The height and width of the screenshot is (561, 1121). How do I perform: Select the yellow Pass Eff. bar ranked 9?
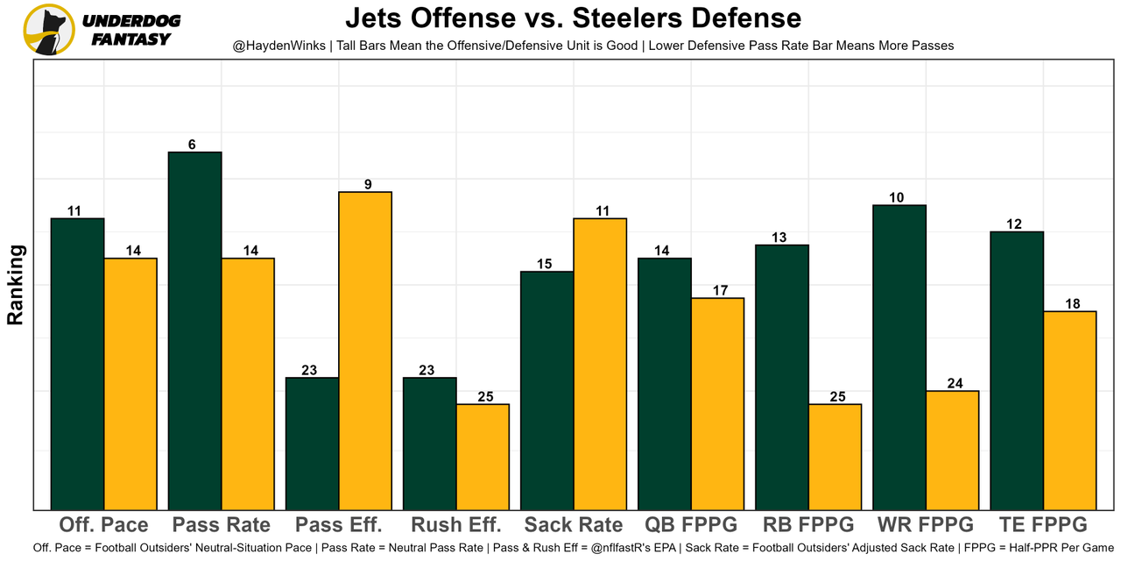tap(365, 351)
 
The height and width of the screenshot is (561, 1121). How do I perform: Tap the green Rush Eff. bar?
tap(430, 444)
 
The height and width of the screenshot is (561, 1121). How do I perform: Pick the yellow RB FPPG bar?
tap(835, 457)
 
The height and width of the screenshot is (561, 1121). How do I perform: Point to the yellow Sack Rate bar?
tap(600, 364)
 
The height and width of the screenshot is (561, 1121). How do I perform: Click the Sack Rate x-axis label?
tap(574, 525)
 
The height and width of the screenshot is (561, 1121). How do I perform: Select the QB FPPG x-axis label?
tap(691, 525)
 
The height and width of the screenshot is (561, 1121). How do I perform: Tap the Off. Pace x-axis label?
tap(103, 525)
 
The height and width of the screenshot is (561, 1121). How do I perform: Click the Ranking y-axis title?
tap(16, 285)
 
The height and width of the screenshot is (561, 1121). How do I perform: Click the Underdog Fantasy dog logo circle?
tap(49, 30)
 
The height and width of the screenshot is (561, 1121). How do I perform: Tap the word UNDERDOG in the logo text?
tap(131, 21)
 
